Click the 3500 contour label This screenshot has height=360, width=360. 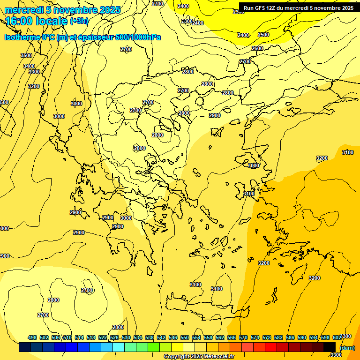click(26, 56)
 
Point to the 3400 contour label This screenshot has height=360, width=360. click(29, 66)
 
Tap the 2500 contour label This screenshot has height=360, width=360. click(263, 35)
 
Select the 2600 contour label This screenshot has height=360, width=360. click(257, 49)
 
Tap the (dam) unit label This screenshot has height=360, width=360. click(347, 348)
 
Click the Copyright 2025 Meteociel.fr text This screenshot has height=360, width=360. click(199, 357)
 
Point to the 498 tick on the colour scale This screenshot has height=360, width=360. click(32, 338)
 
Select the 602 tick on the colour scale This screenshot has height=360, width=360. click(337, 338)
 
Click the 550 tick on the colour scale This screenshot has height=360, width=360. click(185, 338)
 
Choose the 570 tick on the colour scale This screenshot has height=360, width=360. click(243, 338)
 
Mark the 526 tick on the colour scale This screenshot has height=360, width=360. click(114, 338)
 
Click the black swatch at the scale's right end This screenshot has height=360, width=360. click(330, 347)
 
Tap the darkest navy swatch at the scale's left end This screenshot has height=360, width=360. click(25, 347)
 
